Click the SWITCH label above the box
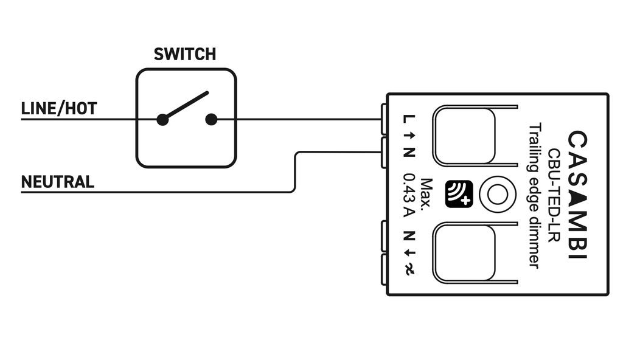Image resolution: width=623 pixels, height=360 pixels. (x=184, y=54)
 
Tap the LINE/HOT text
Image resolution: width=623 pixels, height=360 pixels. (x=59, y=109)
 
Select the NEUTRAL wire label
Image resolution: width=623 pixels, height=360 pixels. (x=58, y=182)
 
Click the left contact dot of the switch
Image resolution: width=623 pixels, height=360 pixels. (x=162, y=120)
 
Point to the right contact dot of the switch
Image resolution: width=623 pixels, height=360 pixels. (x=211, y=119)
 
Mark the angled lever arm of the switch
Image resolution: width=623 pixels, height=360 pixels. (x=186, y=105)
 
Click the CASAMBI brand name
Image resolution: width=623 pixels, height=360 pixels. (x=577, y=195)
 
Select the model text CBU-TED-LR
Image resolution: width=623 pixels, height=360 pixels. (x=554, y=195)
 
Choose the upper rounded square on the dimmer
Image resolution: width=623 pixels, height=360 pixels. (x=464, y=136)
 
